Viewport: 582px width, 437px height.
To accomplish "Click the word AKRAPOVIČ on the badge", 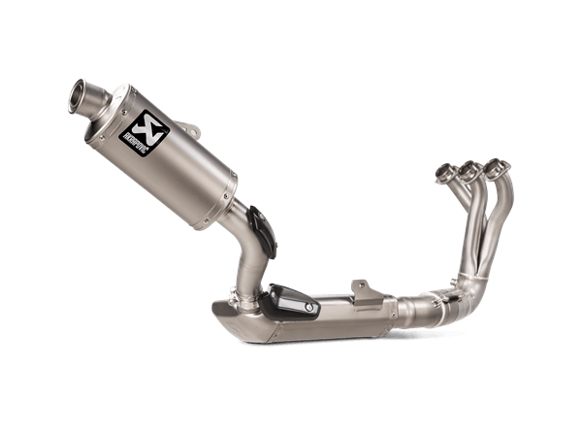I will click(x=134, y=138).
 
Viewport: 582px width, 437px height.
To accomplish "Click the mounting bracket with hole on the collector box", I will click(x=361, y=286).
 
